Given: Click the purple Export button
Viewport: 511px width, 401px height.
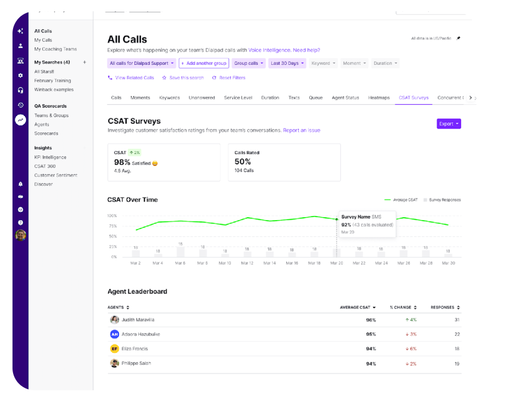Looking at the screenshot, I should [x=449, y=124].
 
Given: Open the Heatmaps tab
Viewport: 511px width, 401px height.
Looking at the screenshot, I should [x=379, y=98].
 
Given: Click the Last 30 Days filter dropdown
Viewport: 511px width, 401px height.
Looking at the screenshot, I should [x=287, y=63].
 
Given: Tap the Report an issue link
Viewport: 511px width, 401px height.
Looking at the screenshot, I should [x=302, y=130].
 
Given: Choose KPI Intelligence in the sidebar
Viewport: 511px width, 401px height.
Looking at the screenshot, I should [x=50, y=157].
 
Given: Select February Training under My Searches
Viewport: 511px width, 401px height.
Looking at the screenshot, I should [x=52, y=80].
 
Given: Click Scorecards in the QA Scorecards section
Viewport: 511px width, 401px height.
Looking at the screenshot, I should [x=46, y=133].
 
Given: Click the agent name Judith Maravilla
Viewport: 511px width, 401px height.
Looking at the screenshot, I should [x=137, y=319].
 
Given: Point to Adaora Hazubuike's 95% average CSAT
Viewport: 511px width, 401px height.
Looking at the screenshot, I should [x=371, y=334].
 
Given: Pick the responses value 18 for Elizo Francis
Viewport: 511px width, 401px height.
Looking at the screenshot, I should [x=456, y=349].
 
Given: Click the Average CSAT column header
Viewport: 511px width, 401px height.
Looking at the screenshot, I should [x=357, y=308].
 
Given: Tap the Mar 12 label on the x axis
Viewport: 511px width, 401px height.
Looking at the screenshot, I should [x=247, y=263].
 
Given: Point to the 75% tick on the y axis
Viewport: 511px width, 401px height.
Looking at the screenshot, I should [x=112, y=226].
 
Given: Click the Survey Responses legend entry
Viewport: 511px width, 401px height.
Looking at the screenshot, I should [x=444, y=200].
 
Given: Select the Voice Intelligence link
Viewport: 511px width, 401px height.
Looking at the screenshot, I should [x=269, y=50].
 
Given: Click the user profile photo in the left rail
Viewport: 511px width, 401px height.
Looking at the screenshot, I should [x=20, y=235].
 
